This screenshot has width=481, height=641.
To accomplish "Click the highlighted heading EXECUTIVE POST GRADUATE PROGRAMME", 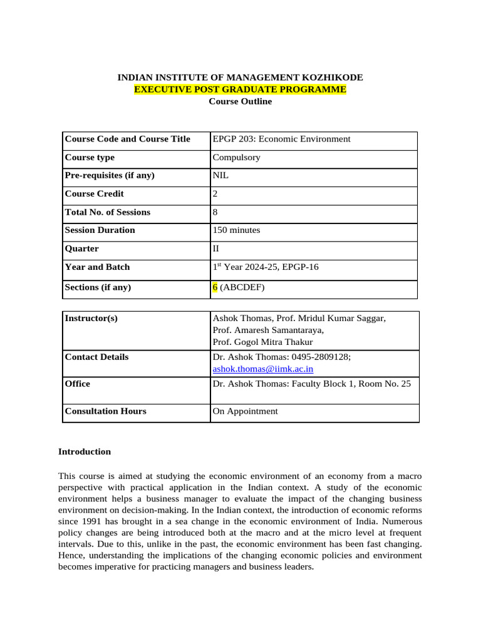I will click(240, 90).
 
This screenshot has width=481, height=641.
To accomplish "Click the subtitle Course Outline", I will click(240, 101).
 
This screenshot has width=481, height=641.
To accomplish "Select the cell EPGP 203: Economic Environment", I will click(281, 139).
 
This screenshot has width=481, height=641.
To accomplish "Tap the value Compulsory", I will click(236, 158).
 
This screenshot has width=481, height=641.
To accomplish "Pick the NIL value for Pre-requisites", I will click(220, 176).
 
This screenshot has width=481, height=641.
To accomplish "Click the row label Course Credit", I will click(95, 194).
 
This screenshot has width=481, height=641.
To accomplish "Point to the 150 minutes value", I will click(236, 230).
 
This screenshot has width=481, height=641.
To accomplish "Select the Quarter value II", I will click(217, 249).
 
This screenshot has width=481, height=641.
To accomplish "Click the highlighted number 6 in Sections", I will click(215, 288).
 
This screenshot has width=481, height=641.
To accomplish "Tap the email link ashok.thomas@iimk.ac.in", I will click(263, 369).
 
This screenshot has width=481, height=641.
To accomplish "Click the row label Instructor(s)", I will click(91, 319).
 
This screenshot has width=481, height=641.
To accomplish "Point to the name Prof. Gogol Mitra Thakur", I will click(263, 342).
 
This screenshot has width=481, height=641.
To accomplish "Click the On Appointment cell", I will click(245, 411).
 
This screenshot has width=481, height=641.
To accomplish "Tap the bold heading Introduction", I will click(85, 452).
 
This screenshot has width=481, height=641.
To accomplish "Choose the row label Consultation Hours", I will click(105, 411).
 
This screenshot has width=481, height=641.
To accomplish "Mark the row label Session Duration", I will click(100, 230).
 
